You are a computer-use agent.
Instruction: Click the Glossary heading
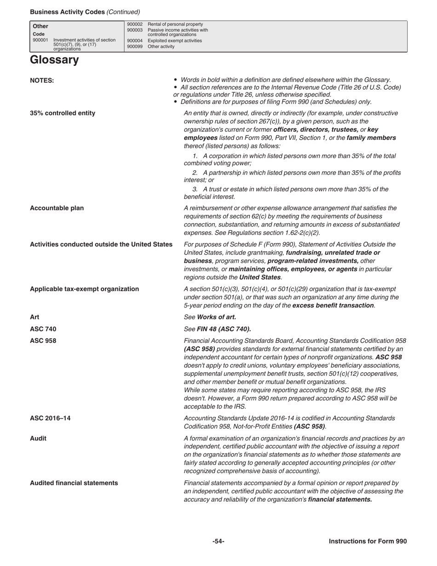[54, 60]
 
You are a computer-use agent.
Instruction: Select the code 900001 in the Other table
[40, 40]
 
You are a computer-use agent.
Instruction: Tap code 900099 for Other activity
[134, 46]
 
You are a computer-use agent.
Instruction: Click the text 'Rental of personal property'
[175, 24]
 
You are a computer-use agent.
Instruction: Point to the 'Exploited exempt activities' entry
[174, 40]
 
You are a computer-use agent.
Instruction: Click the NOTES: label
[42, 81]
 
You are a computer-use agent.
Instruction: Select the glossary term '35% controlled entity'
[63, 113]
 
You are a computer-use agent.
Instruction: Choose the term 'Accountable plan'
[57, 208]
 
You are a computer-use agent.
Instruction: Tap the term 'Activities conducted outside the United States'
[101, 244]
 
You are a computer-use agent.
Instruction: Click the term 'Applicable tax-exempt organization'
[84, 289]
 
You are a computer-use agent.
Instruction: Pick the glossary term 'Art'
[34, 317]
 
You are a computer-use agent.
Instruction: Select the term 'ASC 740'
[43, 329]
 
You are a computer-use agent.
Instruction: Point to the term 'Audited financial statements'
[74, 483]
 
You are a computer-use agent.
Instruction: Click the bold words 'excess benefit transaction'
[333, 305]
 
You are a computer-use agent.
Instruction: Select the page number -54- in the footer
[218, 542]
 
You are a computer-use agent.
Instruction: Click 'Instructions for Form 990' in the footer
[368, 542]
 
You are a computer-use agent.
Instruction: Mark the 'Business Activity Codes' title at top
[67, 12]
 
